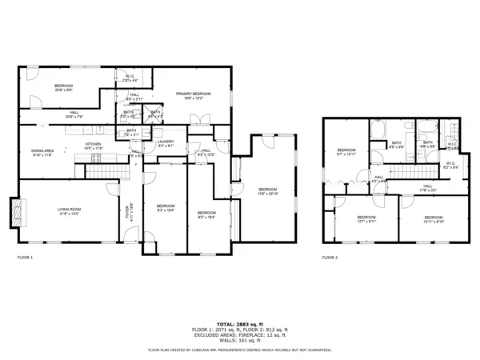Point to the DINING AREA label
(x=42, y=153)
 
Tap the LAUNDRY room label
(x=166, y=145)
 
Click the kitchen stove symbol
(x=95, y=158)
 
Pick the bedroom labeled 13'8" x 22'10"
(x=268, y=191)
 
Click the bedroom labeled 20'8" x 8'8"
(x=64, y=87)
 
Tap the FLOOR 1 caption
(x=26, y=258)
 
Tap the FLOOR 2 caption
(x=330, y=258)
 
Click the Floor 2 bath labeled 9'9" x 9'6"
(x=395, y=145)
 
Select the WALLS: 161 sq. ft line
(x=239, y=340)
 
